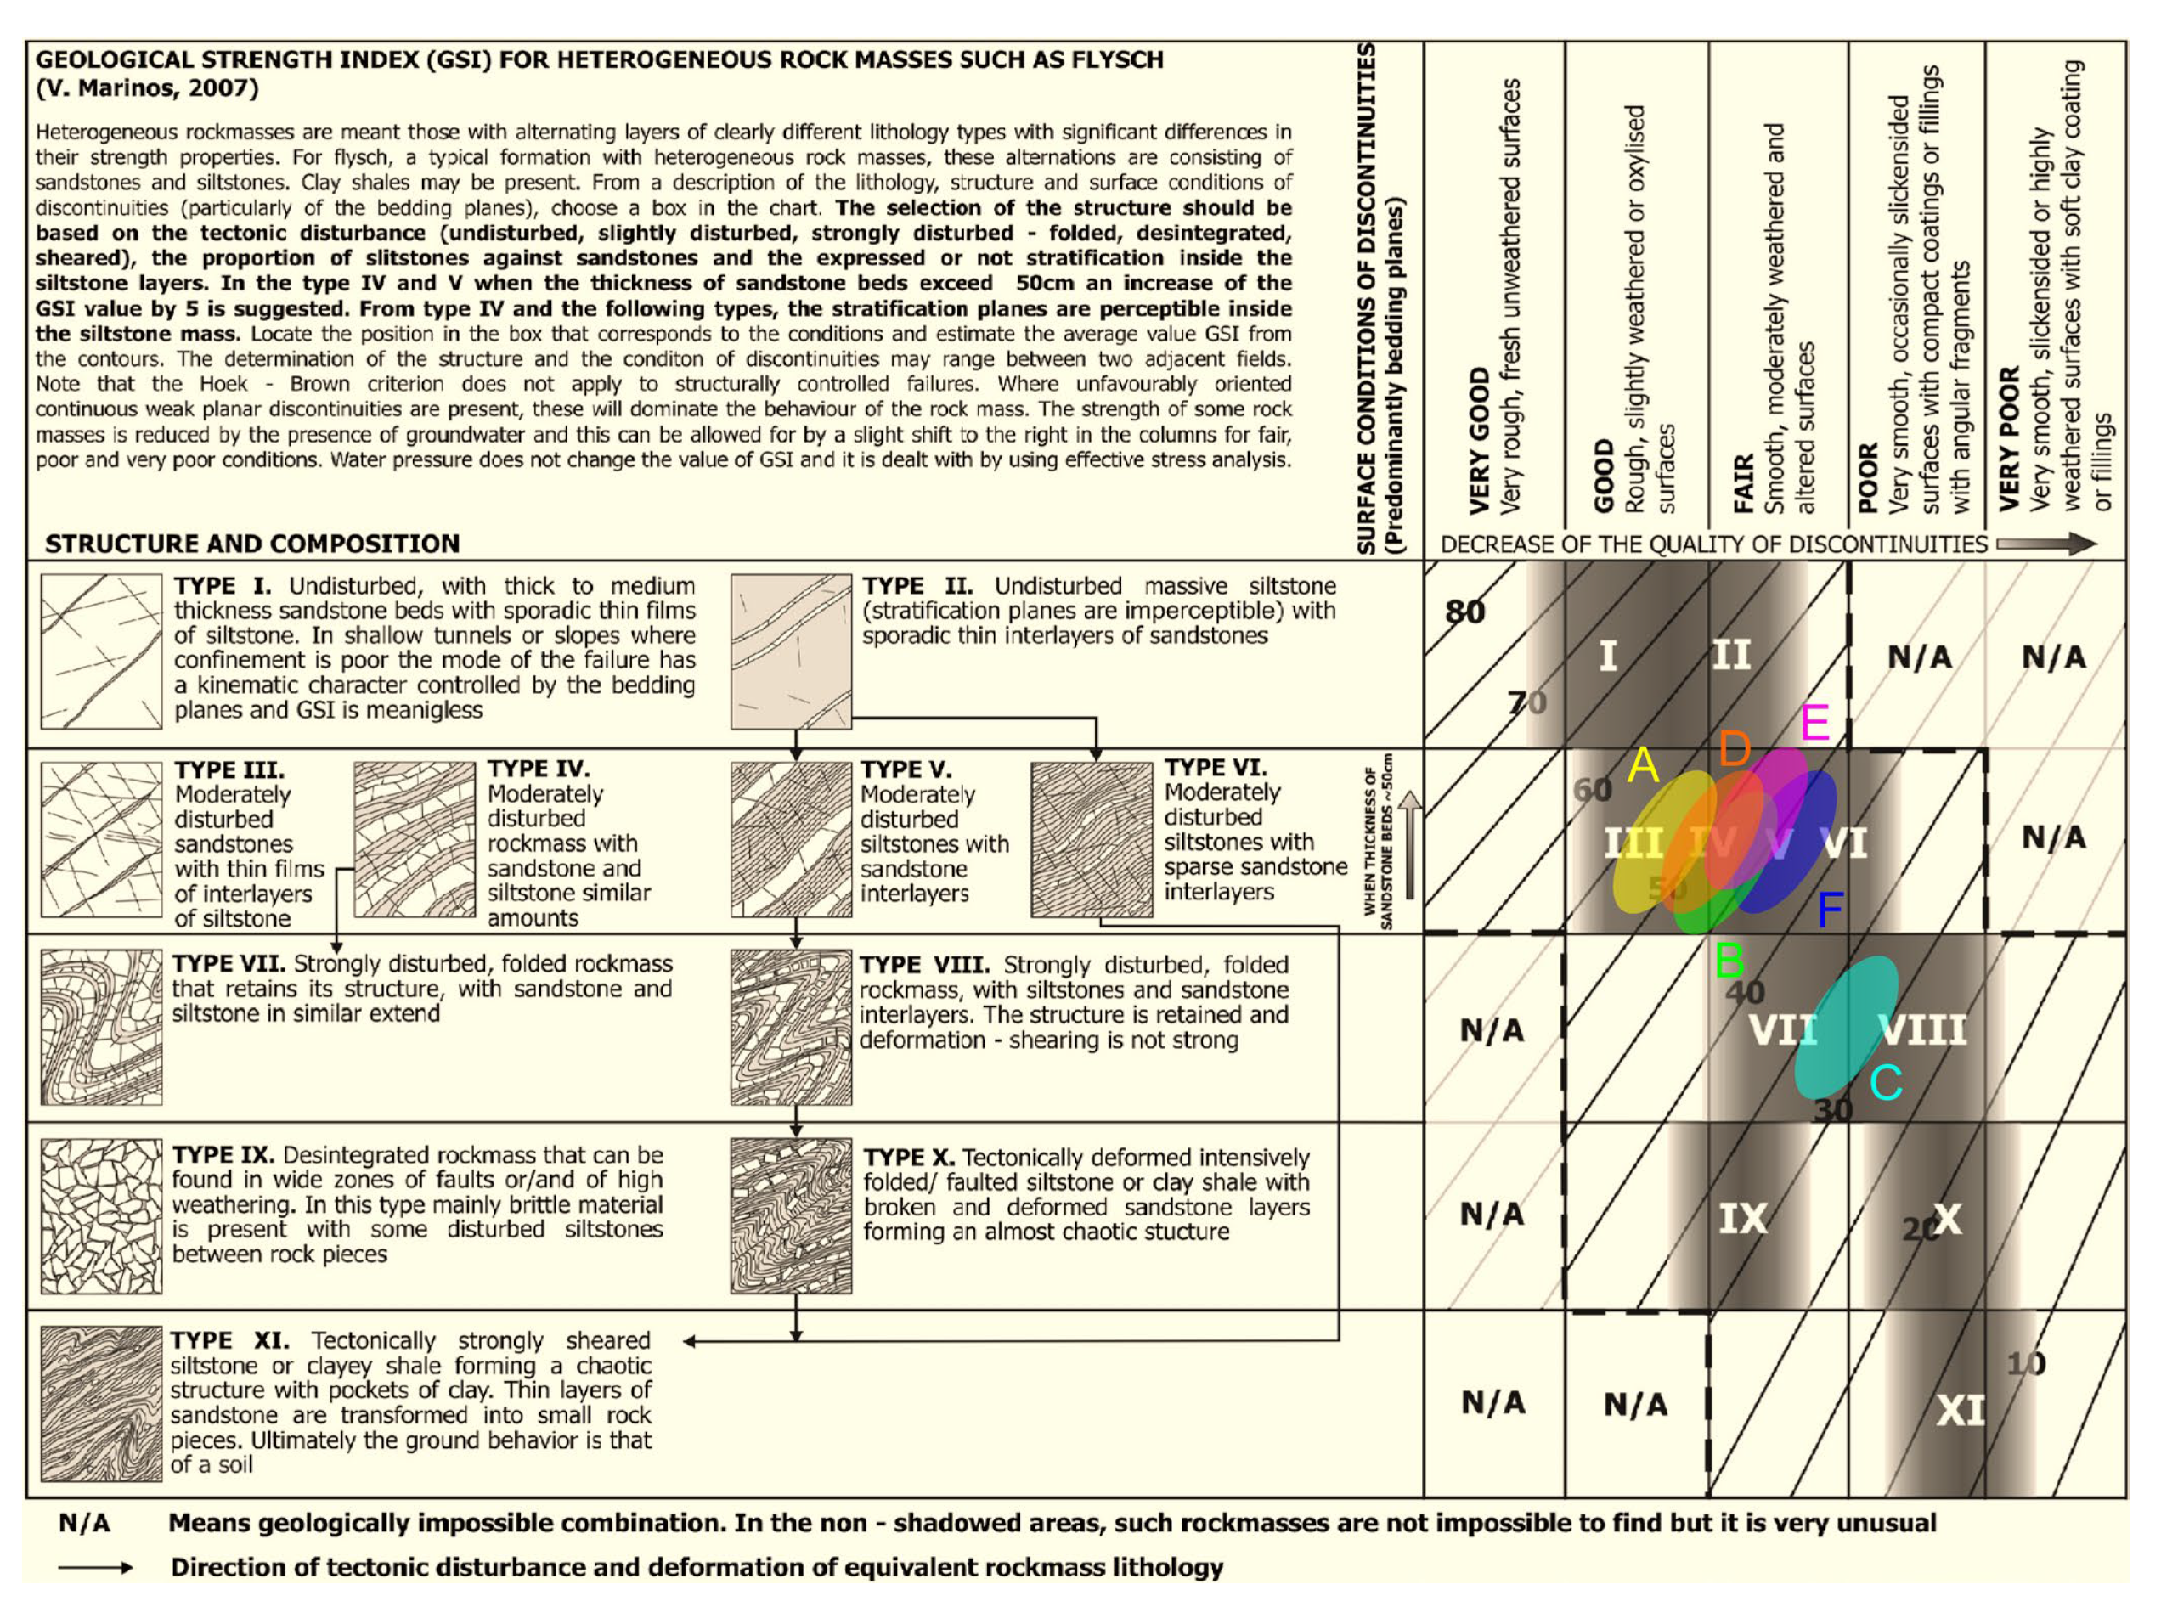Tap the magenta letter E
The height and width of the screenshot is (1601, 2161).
coord(1814,722)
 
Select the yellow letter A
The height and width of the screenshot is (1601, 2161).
coord(1643,765)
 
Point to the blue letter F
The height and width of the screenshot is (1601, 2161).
coord(1830,910)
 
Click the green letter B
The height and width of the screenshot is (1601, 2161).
coord(1729,961)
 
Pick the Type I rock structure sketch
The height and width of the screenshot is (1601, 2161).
coord(101,651)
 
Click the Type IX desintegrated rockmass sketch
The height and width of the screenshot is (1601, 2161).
coord(101,1216)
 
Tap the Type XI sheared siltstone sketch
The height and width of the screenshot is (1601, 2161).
coord(101,1402)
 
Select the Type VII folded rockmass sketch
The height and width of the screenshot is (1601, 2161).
coord(101,1028)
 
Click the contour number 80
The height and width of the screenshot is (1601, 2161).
coord(1464,612)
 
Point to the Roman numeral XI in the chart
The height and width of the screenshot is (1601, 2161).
coord(1961,1411)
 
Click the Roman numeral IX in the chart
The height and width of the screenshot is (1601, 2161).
coord(1742,1219)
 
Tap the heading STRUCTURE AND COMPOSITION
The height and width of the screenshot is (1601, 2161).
coord(252,544)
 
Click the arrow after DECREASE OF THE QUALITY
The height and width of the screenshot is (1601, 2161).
coord(2045,544)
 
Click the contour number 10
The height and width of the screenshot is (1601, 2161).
coord(2025,1365)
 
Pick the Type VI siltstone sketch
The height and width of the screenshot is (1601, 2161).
coord(1092,839)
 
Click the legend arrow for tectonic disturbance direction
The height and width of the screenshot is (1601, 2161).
coord(95,1568)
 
